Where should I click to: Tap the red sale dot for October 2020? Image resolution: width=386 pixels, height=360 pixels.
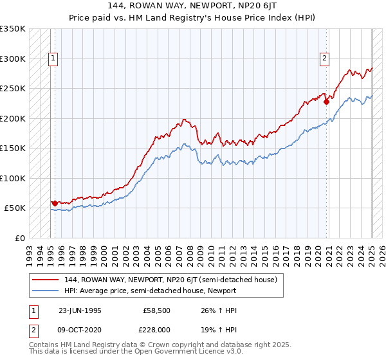pos(327,101)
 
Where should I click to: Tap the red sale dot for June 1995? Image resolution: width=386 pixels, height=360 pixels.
pos(55,203)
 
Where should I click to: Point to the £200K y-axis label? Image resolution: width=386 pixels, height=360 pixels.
pos(13,118)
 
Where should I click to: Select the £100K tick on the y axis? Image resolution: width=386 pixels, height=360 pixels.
pos(13,178)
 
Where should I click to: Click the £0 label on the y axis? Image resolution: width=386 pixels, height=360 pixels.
pos(19,238)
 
